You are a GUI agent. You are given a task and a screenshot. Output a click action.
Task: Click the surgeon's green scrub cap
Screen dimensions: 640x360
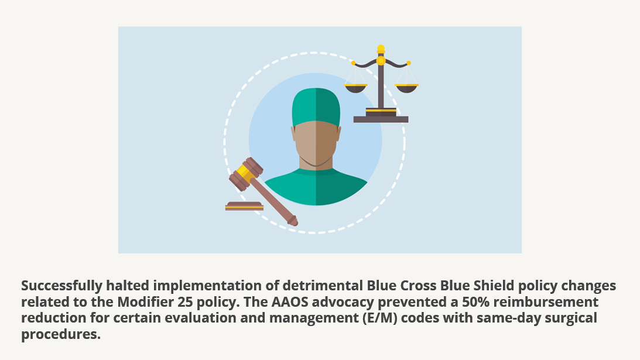316,107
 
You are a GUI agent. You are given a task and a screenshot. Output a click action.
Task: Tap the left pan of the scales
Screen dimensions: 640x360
356,88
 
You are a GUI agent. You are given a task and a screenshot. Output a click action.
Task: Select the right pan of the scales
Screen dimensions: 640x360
406,88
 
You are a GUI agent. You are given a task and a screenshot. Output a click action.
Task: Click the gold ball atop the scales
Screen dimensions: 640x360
381,48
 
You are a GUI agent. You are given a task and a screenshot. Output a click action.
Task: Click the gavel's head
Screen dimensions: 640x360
246,174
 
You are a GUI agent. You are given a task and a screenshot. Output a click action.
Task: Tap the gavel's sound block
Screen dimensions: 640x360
244,206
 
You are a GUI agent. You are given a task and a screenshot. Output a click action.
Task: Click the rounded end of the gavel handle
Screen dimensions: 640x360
293,221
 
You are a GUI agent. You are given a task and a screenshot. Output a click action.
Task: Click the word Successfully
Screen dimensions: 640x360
61,286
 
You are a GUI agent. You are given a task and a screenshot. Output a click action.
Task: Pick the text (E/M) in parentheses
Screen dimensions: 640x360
380,318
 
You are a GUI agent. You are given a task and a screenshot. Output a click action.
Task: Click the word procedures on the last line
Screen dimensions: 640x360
61,334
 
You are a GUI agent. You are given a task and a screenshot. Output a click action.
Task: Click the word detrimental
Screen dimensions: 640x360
323,285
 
